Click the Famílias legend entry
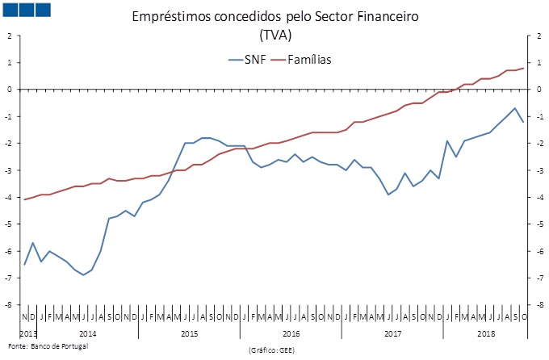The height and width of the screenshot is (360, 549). click(306, 59)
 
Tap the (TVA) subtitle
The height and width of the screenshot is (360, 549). click(275, 36)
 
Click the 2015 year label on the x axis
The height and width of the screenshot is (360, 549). click(190, 333)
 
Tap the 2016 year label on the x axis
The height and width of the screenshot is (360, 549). click(291, 333)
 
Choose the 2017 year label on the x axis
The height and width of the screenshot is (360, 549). click(393, 333)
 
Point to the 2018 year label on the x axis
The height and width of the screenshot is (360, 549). click(487, 333)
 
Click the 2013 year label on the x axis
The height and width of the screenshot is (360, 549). click(27, 333)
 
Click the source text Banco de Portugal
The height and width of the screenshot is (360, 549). click(59, 345)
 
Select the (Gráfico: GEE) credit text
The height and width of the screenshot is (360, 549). click(274, 352)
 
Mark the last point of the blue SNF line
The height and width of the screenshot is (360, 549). click(523, 122)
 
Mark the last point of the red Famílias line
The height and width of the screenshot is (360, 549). click(523, 68)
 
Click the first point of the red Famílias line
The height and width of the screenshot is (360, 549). click(24, 199)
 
